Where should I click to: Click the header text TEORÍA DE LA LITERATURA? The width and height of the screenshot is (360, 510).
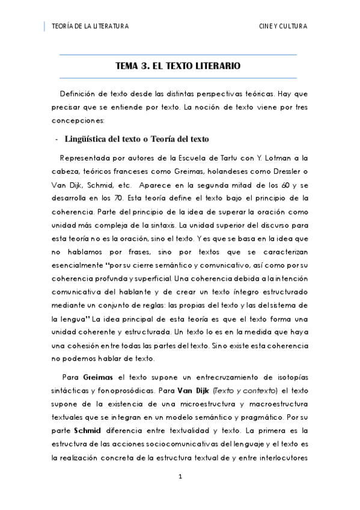[x=90, y=26]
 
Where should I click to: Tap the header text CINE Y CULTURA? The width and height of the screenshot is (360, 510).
[x=282, y=26]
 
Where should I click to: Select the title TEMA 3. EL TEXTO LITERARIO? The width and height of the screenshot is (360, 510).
[x=178, y=66]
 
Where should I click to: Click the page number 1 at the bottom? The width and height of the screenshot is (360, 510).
[x=179, y=477]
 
